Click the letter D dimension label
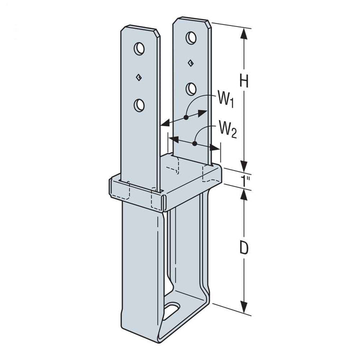(x=243, y=248)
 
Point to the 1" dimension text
(x=244, y=181)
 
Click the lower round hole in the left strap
(x=139, y=104)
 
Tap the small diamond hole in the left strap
(x=139, y=77)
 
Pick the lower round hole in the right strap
(x=191, y=89)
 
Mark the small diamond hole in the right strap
(x=190, y=63)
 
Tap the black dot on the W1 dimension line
(x=185, y=117)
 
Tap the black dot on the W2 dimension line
(x=194, y=143)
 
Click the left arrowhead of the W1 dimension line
(x=163, y=123)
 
